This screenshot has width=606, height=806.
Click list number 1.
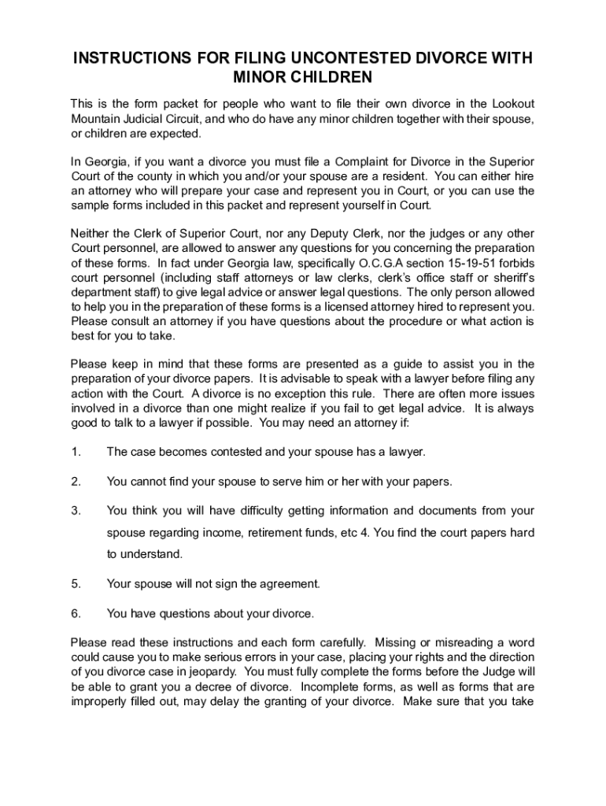coord(76,452)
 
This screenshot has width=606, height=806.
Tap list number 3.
coord(76,511)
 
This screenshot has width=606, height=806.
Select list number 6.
coord(76,613)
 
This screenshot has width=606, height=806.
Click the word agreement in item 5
coord(289,584)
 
